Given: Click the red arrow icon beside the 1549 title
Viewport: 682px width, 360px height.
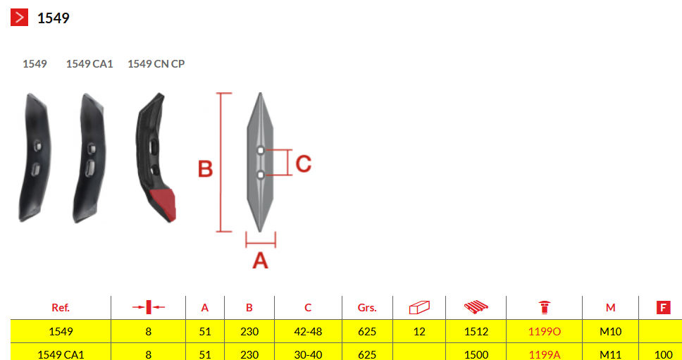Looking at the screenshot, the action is click(x=19, y=18).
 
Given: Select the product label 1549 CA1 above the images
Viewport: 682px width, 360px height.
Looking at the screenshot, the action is click(x=89, y=64).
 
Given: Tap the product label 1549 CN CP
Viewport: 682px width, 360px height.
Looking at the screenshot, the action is click(x=156, y=64).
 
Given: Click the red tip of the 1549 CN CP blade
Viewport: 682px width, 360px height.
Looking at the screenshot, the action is click(x=163, y=204).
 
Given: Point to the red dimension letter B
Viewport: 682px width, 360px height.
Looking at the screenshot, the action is click(x=205, y=169).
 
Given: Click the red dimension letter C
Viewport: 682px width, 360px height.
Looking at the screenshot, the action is click(x=304, y=164).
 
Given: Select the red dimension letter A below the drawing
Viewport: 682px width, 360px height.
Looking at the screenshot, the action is click(x=261, y=261).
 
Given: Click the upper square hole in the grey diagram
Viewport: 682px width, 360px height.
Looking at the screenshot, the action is click(x=260, y=151).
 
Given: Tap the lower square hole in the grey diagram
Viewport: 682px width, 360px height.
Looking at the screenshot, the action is click(x=260, y=175).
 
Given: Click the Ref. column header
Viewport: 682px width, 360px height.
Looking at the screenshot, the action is click(x=61, y=308).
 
